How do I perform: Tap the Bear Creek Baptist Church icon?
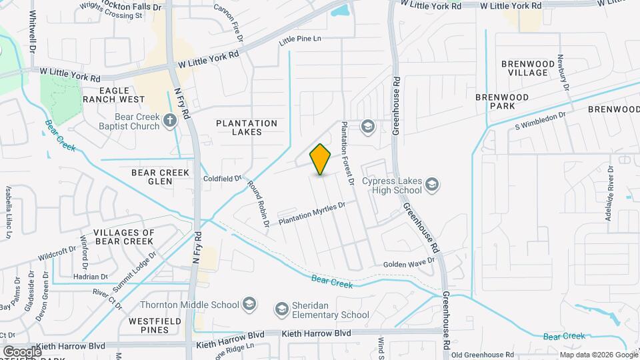tap(170, 120)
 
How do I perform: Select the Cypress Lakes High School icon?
tap(432, 184)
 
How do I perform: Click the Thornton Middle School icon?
tap(249, 305)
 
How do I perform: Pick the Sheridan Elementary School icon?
tap(282, 309)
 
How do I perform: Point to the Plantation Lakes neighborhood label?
tap(247, 129)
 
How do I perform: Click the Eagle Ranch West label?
tap(122, 95)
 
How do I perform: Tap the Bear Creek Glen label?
tap(161, 177)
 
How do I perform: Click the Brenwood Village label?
tap(529, 68)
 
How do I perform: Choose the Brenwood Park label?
tap(502, 101)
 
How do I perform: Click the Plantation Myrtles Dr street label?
tap(312, 213)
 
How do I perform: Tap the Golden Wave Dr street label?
tap(409, 265)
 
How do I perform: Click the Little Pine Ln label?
tap(300, 39)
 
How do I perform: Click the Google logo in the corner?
tap(22, 351)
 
